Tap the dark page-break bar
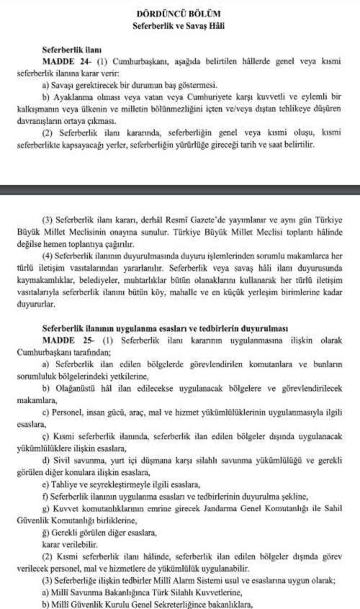tap(180, 191)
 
